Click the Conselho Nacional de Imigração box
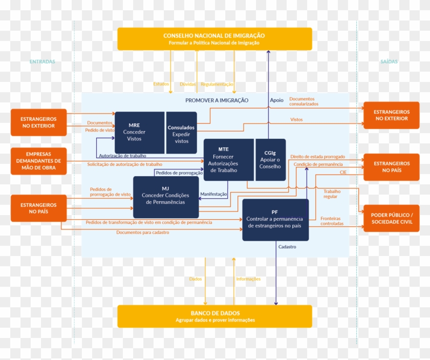point(214,39)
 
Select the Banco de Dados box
point(214,316)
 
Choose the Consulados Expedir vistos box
point(181,132)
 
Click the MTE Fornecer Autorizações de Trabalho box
point(228,159)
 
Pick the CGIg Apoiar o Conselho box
point(270,159)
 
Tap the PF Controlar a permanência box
point(275,219)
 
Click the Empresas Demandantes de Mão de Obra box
point(39,161)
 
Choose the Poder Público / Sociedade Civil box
point(391,218)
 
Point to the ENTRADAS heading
point(42,62)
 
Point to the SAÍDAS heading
point(389,62)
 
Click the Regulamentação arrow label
point(217,84)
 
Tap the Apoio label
point(276,100)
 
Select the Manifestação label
point(213,195)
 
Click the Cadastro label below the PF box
point(287,247)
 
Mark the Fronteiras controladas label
point(332,221)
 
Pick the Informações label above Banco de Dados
point(248,279)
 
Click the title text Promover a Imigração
point(217,100)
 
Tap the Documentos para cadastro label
point(142,232)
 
